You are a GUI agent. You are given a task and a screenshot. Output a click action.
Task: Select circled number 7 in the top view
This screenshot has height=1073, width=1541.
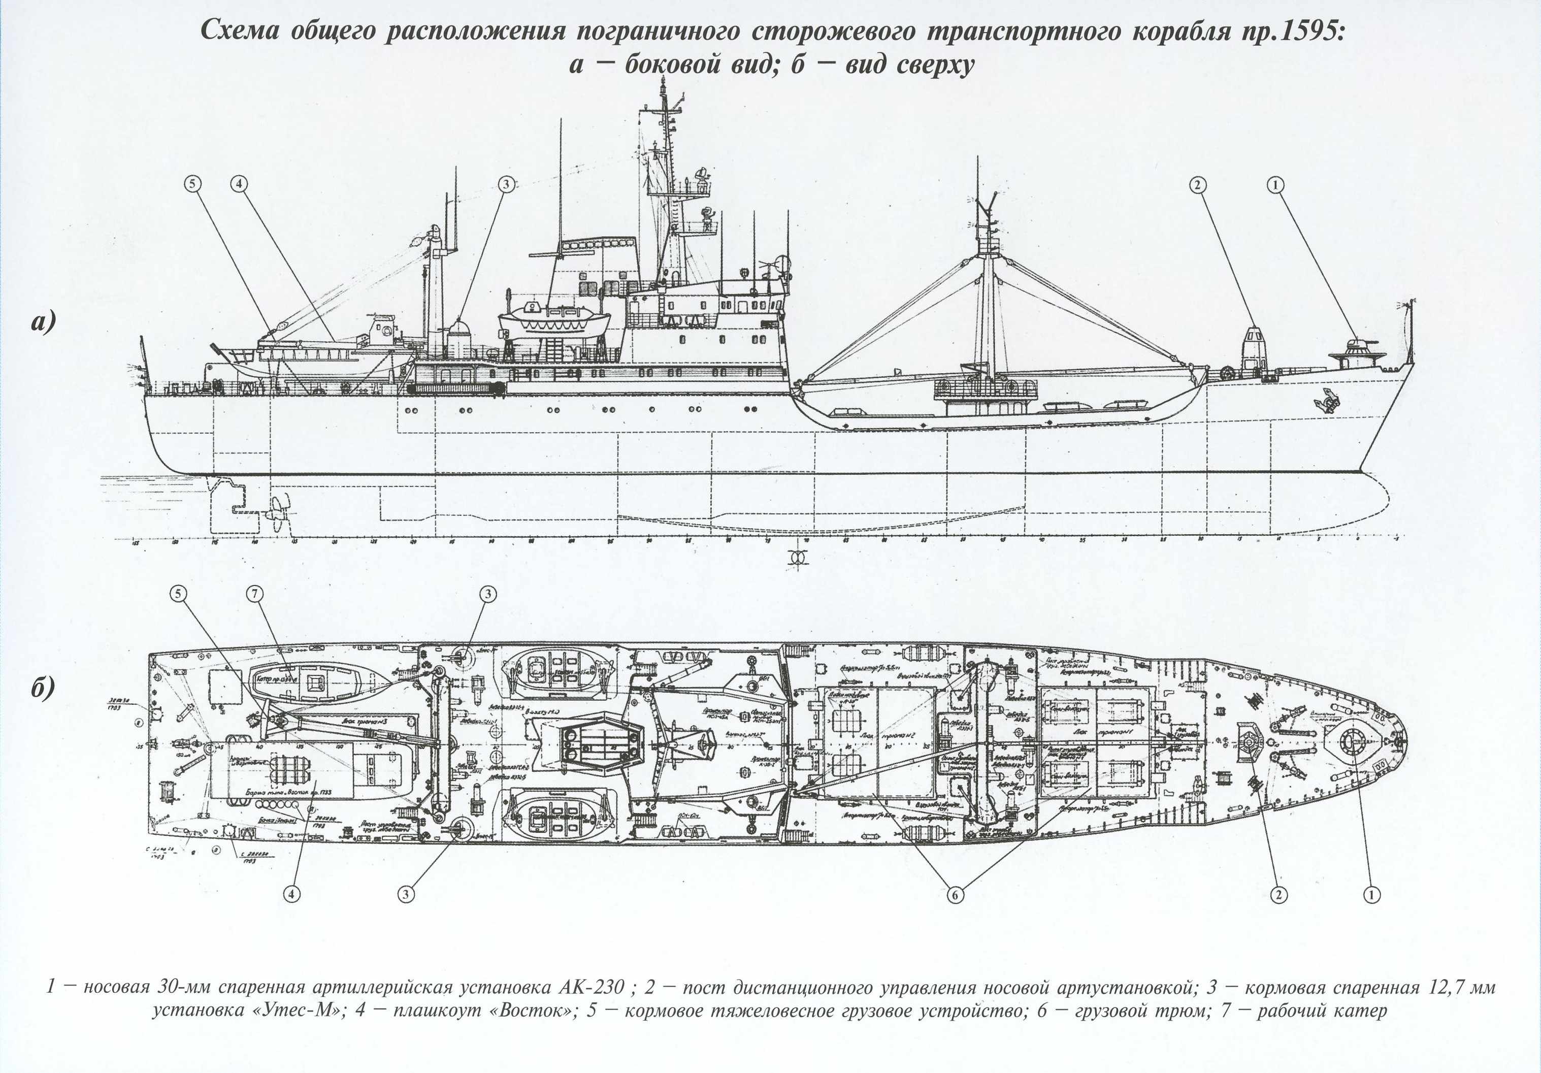click(x=254, y=593)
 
